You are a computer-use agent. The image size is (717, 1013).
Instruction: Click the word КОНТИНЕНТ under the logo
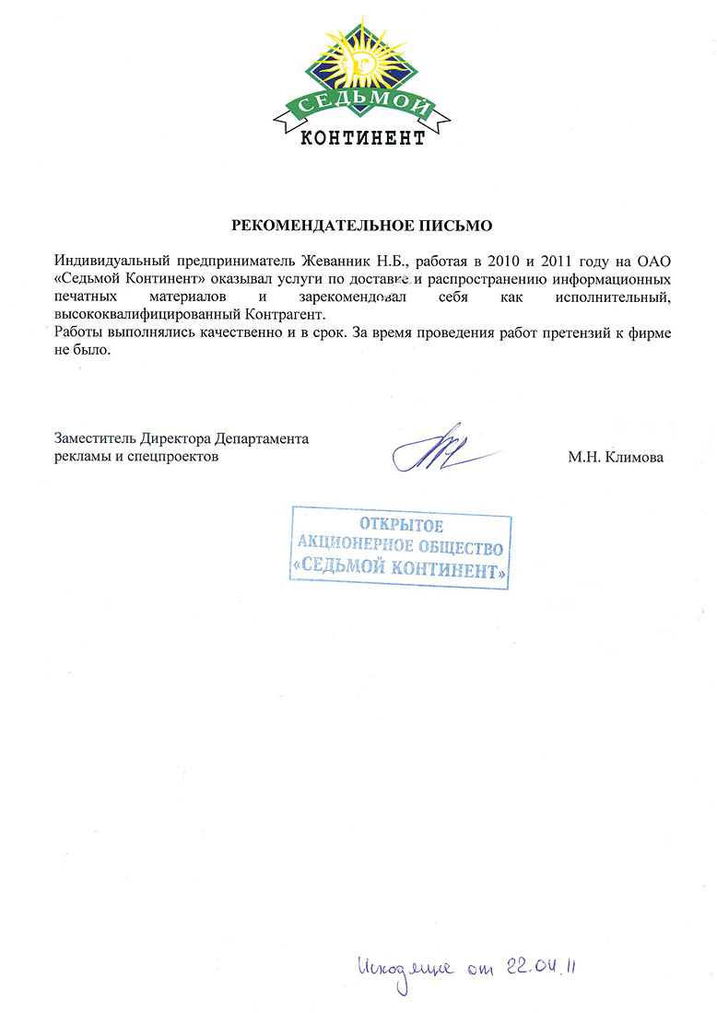(363, 139)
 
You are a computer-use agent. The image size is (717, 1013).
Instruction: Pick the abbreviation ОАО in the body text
(654, 261)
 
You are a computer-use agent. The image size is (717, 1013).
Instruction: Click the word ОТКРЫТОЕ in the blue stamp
(401, 527)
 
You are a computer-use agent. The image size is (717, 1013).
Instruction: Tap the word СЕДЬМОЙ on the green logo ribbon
(361, 110)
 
